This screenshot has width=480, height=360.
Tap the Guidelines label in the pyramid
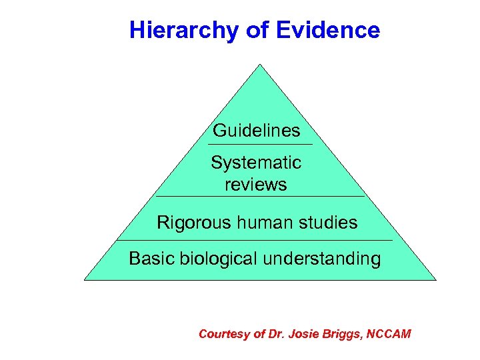[x=257, y=131]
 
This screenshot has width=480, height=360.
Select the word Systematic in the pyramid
[x=256, y=163]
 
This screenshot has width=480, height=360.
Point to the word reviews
[x=256, y=184]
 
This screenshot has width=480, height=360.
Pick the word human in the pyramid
[x=257, y=223]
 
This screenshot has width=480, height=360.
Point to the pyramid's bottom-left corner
[x=85, y=279]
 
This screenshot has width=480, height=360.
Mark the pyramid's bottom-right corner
[x=435, y=279]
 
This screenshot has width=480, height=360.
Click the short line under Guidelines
[x=259, y=145]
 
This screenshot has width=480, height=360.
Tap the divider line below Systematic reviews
[x=260, y=197]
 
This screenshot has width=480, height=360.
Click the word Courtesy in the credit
[x=224, y=333]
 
